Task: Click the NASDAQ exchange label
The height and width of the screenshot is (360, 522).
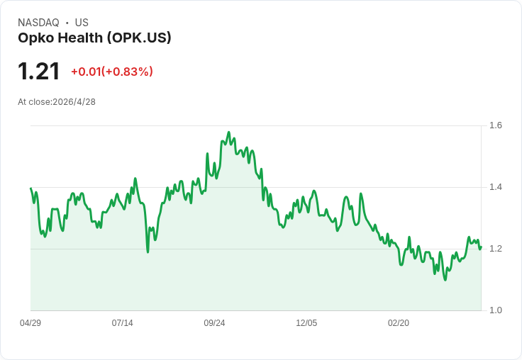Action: pyautogui.click(x=38, y=23)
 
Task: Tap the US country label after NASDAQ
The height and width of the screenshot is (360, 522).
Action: pyautogui.click(x=82, y=23)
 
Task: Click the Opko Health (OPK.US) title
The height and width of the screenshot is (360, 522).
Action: pyautogui.click(x=94, y=38)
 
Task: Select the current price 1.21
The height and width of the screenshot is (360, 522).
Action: pyautogui.click(x=39, y=72)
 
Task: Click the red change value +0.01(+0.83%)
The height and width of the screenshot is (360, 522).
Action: pyautogui.click(x=111, y=72)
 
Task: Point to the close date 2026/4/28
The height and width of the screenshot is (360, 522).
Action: pyautogui.click(x=74, y=102)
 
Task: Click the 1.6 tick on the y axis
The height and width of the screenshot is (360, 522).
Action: pyautogui.click(x=496, y=125)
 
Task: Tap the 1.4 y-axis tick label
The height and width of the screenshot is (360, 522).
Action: pyautogui.click(x=496, y=187)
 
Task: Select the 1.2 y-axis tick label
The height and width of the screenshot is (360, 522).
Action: pyautogui.click(x=496, y=249)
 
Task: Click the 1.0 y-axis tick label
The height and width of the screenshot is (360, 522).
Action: pyautogui.click(x=496, y=310)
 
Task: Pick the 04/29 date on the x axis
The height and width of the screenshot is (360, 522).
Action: pyautogui.click(x=30, y=323)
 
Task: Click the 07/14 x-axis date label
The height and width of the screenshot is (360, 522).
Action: pyautogui.click(x=123, y=323)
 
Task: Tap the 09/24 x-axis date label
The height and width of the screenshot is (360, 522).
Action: pyautogui.click(x=214, y=323)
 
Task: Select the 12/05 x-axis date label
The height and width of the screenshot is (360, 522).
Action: pyautogui.click(x=306, y=323)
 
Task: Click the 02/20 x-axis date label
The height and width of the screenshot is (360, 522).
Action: pyautogui.click(x=399, y=323)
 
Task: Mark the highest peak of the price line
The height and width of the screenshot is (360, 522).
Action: pyautogui.click(x=228, y=133)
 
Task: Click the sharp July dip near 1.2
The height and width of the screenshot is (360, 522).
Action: pyautogui.click(x=148, y=252)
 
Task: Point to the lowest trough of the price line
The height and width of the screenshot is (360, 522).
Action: pyautogui.click(x=445, y=280)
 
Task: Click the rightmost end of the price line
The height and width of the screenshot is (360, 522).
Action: pyautogui.click(x=481, y=247)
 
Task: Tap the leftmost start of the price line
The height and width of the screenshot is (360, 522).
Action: pyautogui.click(x=30, y=189)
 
